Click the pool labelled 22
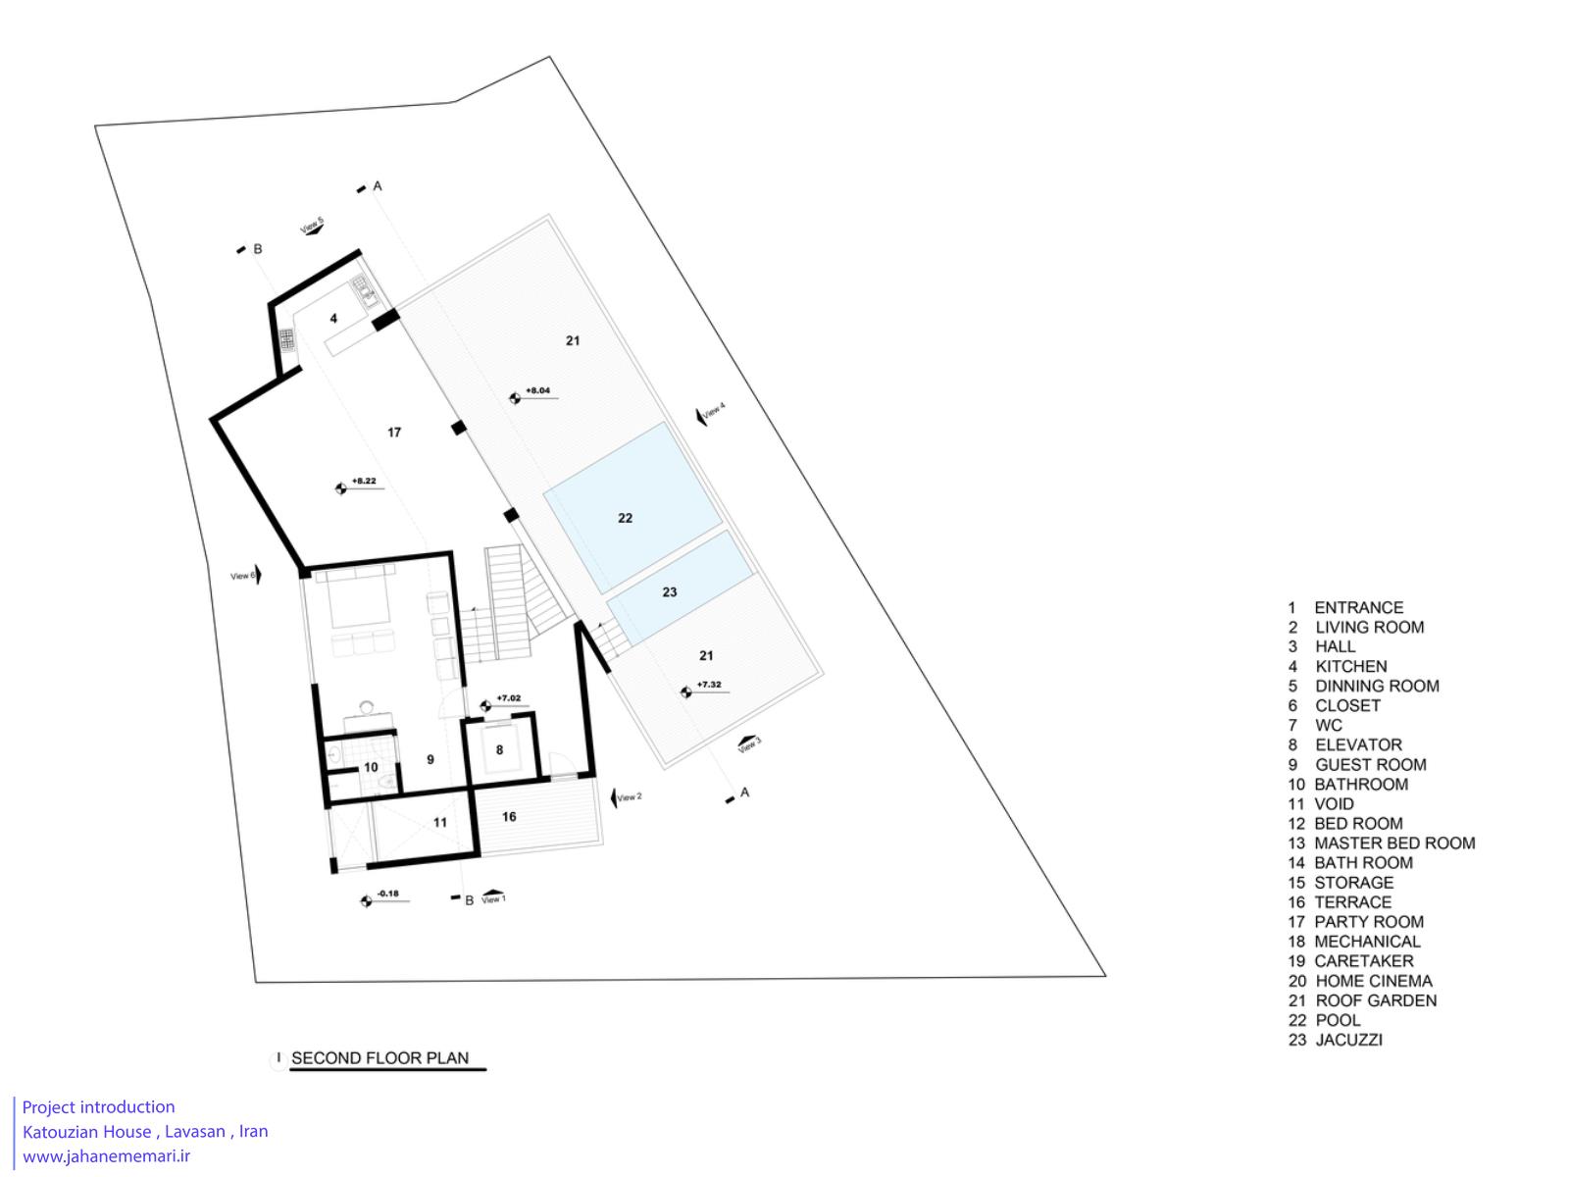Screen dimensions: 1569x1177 pos(632,507)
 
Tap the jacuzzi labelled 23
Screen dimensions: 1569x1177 pos(680,587)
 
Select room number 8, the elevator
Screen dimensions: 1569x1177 pos(500,749)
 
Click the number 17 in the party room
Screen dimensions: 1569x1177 pos(394,433)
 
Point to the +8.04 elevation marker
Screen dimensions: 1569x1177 pos(537,391)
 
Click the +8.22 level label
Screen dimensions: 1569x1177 pos(364,481)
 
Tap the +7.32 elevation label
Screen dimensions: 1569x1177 pos(709,685)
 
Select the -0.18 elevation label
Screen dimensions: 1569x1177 pos(388,894)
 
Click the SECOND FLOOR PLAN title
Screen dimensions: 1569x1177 pos(380,1058)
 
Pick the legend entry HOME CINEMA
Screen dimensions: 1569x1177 pos(1373,981)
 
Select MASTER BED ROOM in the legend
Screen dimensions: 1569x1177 pos(1393,844)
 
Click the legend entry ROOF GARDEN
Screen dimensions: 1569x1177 pos(1375,1000)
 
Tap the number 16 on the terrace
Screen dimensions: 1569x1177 pos(509,817)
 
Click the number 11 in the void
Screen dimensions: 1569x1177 pos(440,823)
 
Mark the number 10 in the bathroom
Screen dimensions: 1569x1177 pos(371,768)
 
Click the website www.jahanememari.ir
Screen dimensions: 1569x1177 pos(107,1156)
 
